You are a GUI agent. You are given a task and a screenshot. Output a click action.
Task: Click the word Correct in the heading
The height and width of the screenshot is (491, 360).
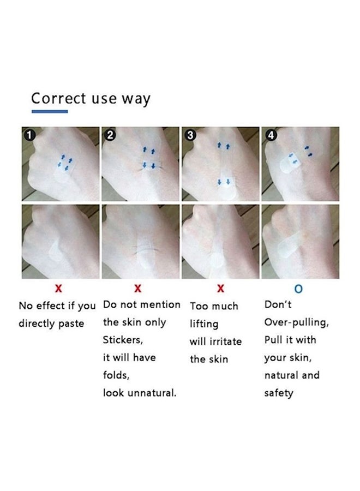point(58,98)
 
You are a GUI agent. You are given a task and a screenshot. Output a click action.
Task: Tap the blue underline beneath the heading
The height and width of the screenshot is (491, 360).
point(50,111)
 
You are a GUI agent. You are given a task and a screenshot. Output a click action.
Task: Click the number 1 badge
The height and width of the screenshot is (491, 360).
point(30,136)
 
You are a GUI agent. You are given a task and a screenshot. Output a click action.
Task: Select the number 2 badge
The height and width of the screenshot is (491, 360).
point(110,135)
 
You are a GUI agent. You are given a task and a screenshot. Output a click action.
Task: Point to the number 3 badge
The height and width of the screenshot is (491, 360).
point(190,135)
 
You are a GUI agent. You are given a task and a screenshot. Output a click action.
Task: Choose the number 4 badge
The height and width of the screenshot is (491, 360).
point(271,135)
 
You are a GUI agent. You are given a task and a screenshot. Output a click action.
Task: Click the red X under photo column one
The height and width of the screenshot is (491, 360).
point(58,289)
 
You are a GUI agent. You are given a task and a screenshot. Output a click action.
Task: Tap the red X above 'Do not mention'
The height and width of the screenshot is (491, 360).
point(138,288)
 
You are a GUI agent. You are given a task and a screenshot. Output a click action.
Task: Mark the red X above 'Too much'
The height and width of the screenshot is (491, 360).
point(221,288)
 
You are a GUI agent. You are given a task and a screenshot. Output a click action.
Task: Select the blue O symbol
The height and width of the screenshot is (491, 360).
point(299,289)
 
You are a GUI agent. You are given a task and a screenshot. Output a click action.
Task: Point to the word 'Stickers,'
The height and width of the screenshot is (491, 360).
point(123,340)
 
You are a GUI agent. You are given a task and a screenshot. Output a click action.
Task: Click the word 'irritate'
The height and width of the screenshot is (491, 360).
point(225,342)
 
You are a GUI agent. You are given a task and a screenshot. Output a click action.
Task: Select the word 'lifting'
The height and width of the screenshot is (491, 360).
point(204,324)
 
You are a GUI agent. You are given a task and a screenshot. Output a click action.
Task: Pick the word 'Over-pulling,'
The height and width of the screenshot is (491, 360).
point(296,322)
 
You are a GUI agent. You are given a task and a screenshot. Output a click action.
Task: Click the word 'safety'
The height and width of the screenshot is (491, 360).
point(279,393)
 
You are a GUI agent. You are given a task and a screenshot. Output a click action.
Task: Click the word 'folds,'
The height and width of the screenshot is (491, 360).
point(116,375)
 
